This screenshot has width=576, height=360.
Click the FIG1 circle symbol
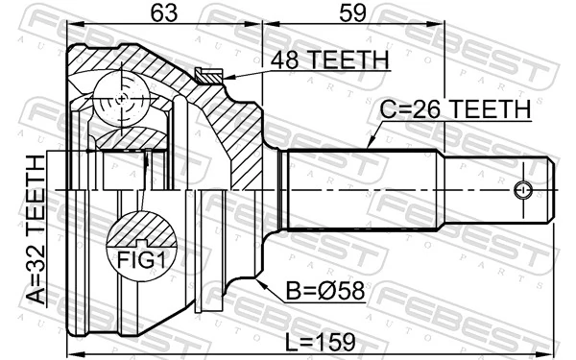(142, 249)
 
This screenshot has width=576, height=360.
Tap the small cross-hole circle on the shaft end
(524, 190)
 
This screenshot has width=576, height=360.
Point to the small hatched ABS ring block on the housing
(207, 74)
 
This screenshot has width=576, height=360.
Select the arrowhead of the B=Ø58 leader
(259, 279)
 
